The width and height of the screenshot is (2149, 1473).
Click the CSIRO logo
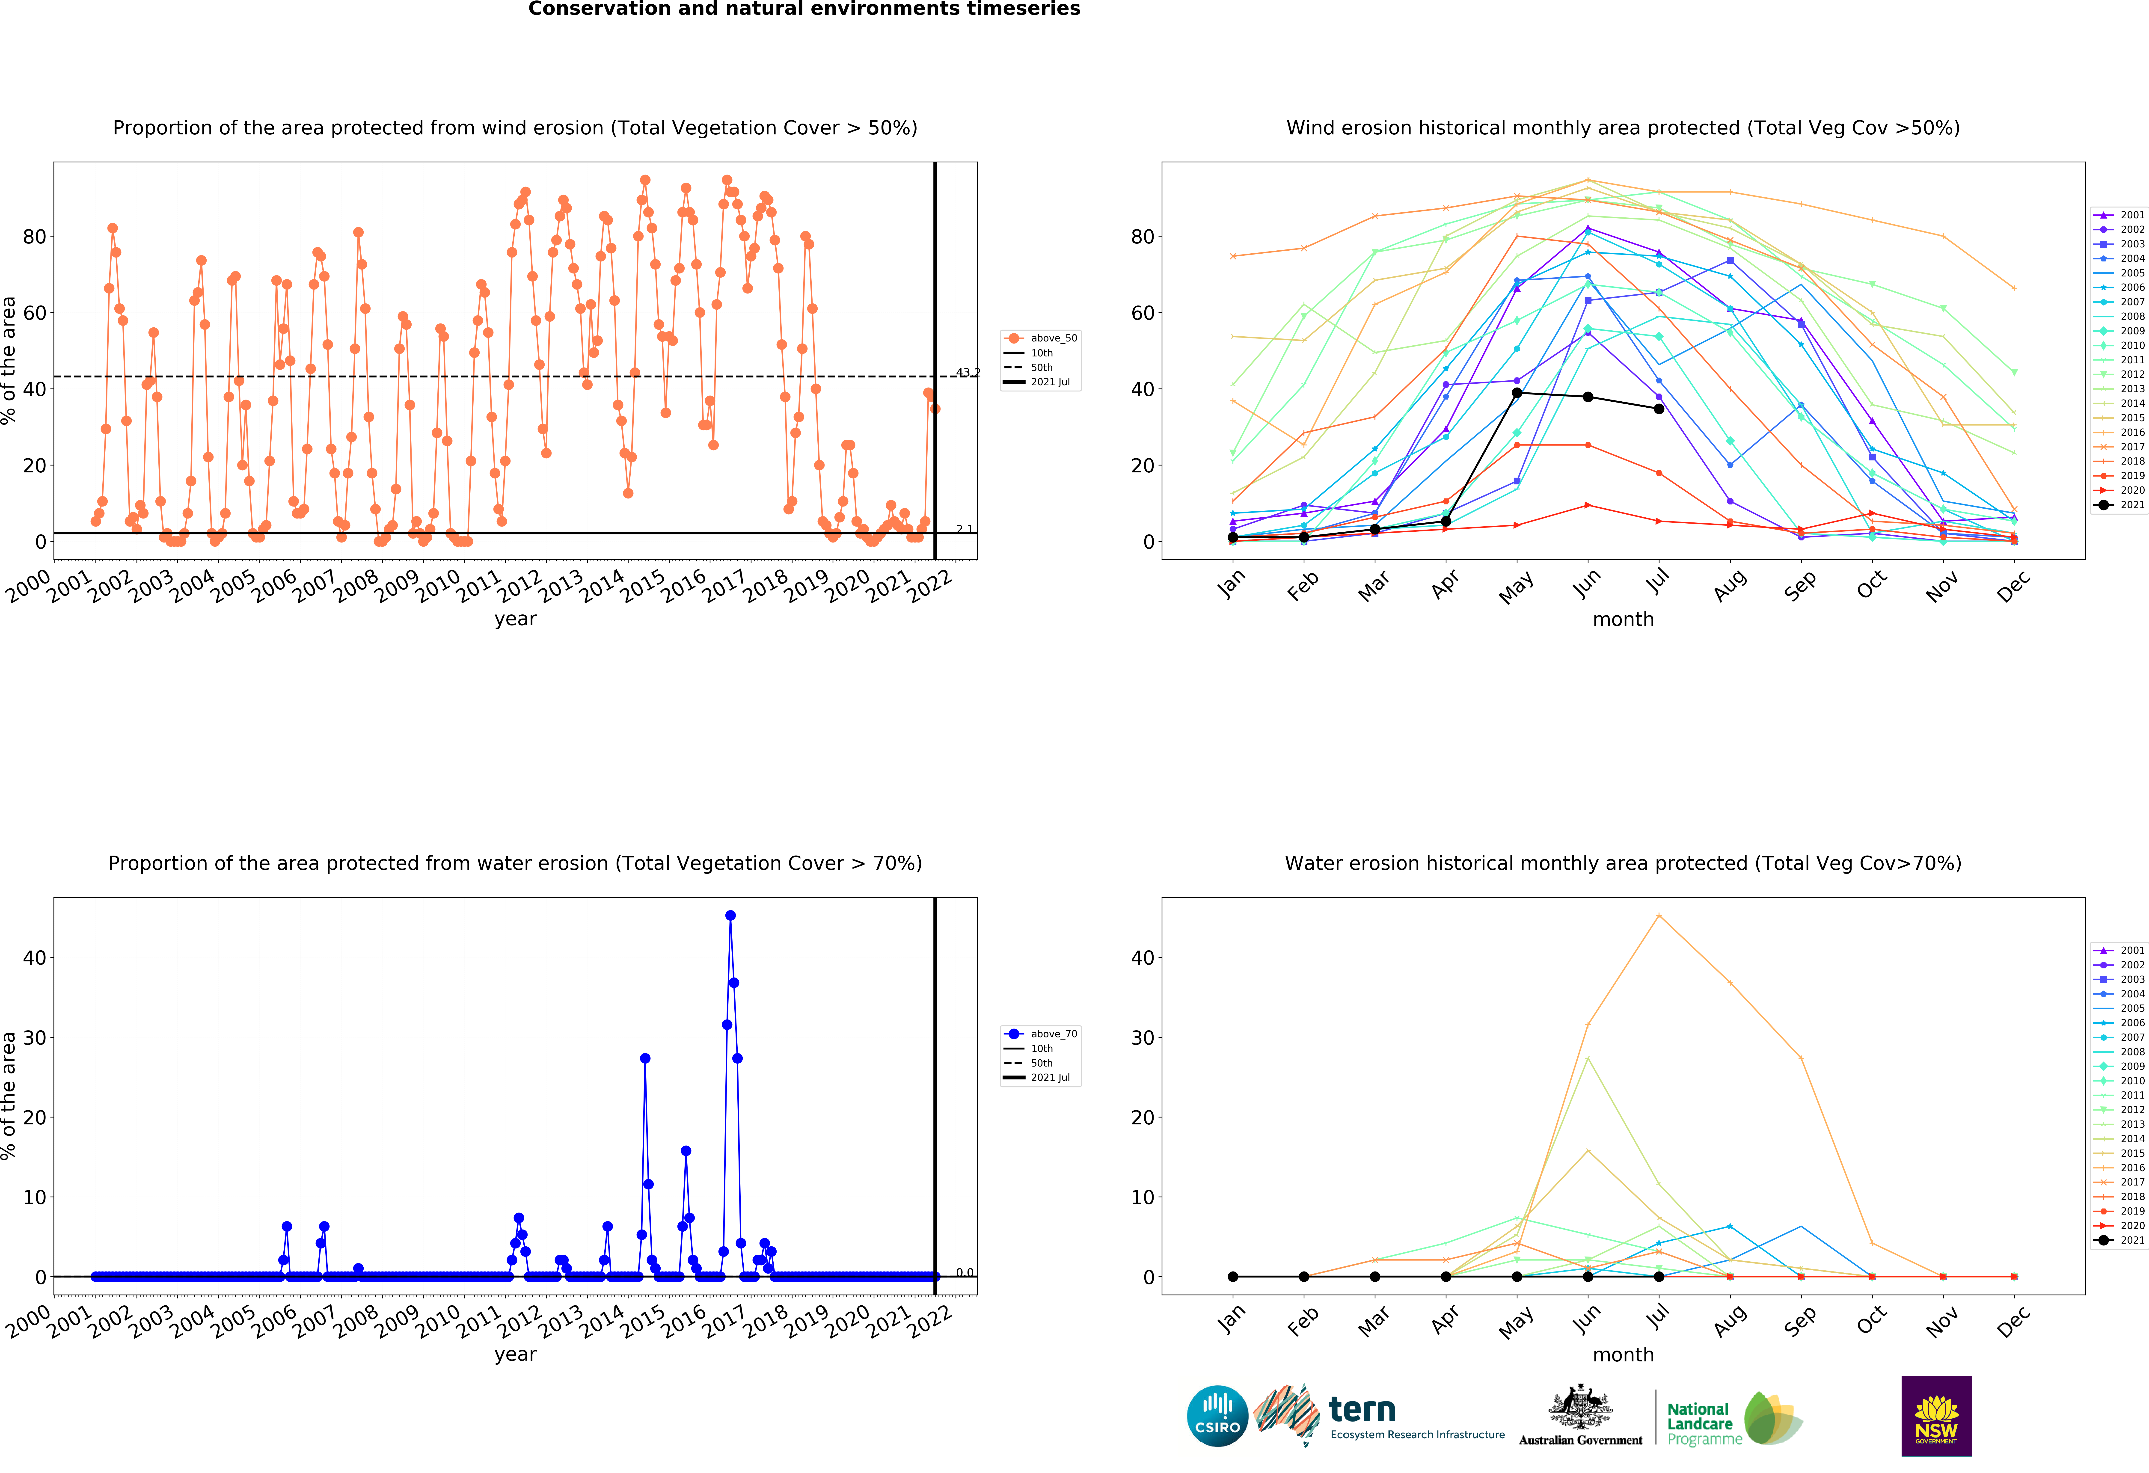tap(1217, 1416)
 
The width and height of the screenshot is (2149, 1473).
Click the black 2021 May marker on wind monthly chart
tap(1517, 393)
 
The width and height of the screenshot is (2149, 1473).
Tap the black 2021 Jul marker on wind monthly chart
tap(1659, 409)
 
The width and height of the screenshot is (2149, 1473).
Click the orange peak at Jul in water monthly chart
tap(1659, 916)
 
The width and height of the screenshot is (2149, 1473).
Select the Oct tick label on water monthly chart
tap(1872, 1320)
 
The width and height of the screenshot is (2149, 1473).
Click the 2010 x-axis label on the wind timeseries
tap(437, 586)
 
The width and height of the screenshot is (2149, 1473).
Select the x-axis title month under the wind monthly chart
tap(1623, 619)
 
